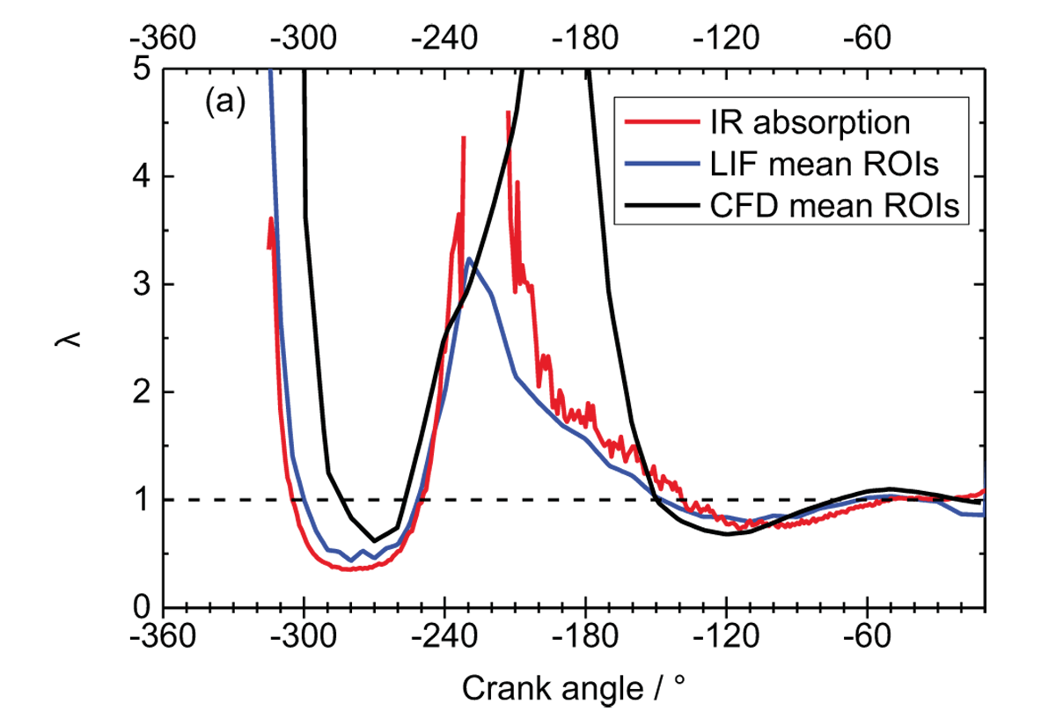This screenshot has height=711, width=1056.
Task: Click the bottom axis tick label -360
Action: click(x=164, y=638)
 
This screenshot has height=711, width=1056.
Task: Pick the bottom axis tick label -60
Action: click(x=867, y=638)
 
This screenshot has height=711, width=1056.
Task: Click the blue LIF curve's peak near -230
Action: click(x=470, y=259)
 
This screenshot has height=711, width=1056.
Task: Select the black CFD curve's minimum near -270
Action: click(x=375, y=540)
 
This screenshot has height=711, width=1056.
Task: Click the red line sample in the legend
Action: click(x=652, y=121)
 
